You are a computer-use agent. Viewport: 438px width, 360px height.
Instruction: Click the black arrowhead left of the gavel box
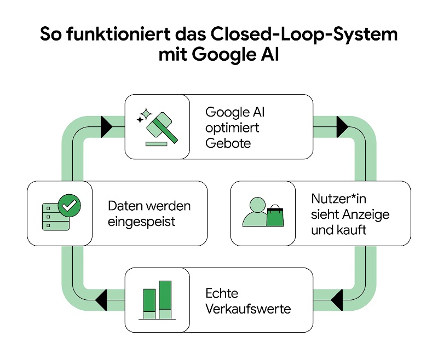click(x=106, y=127)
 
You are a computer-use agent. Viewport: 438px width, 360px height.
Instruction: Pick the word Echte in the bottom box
click(x=222, y=293)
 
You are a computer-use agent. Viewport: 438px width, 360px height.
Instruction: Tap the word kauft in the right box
click(x=351, y=230)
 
